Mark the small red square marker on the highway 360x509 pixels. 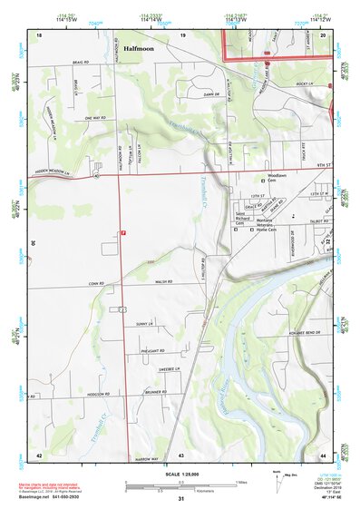coord(123,233)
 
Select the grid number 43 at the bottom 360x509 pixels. coord(181,454)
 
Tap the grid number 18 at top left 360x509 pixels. coord(40,34)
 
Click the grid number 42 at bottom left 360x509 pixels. coord(39,454)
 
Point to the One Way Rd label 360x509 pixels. coord(94,118)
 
